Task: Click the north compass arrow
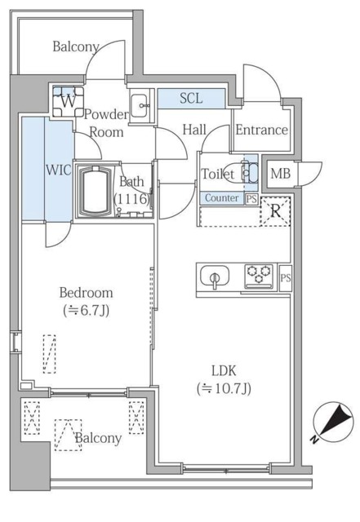(333, 422)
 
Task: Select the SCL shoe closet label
(192, 99)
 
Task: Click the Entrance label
(261, 130)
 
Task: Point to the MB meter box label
(280, 173)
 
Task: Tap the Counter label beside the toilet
(221, 198)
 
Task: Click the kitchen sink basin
(215, 276)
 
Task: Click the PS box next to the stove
(285, 277)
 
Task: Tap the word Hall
(194, 129)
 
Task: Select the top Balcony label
(76, 46)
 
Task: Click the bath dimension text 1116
(131, 198)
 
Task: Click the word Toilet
(217, 174)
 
